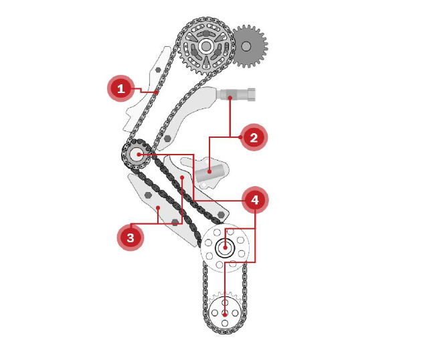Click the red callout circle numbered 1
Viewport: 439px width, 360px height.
pos(121,88)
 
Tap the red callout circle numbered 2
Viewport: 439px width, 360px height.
pos(254,137)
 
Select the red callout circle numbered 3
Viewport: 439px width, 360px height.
pos(130,238)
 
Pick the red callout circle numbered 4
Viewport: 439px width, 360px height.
pos(255,200)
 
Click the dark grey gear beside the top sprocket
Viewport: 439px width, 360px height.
pos(249,46)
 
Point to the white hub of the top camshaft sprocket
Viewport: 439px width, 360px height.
pos(206,46)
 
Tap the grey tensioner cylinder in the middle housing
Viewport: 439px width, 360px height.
pos(209,173)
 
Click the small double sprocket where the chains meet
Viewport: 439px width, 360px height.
pos(137,154)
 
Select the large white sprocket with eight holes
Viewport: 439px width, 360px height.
pos(225,248)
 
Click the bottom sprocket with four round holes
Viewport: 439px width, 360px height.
pos(225,312)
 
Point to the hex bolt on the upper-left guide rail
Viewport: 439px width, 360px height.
pos(158,70)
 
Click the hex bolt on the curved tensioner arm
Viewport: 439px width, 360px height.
pos(168,138)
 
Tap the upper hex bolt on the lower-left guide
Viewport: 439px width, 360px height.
pos(148,195)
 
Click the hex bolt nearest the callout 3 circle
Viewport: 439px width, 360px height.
pos(175,222)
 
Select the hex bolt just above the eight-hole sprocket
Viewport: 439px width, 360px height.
pos(222,214)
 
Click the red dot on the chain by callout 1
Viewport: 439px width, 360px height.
pos(157,92)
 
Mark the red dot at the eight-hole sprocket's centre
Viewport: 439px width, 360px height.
pos(225,248)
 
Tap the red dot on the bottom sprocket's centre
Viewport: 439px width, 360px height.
pos(225,315)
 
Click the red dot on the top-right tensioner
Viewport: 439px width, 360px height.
pos(230,98)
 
